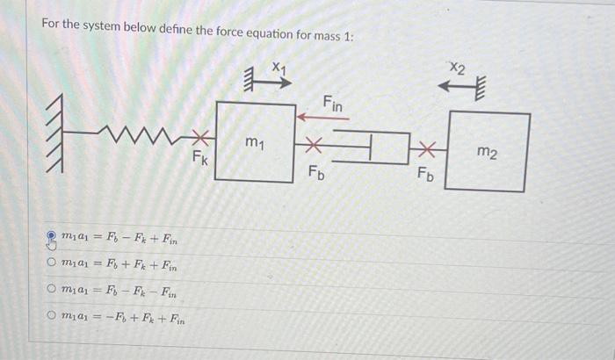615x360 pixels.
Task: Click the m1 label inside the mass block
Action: coord(255,143)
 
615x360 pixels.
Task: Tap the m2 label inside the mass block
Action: coord(487,152)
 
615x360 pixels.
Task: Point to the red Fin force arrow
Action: coord(322,118)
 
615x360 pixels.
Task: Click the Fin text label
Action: coord(332,104)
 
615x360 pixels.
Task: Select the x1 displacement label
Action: coord(279,68)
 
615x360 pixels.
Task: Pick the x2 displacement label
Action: coord(458,68)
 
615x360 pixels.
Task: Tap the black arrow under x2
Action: coord(458,85)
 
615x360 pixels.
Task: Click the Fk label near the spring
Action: coord(200,158)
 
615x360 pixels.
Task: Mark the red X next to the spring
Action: coord(200,137)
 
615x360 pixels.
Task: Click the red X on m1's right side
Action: coord(314,145)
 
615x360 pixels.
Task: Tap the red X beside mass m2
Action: coord(427,149)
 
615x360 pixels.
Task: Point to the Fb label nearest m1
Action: coord(316,173)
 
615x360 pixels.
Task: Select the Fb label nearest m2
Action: coord(425,174)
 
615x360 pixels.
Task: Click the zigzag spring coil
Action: coord(140,134)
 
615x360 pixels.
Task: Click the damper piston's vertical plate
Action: coord(370,147)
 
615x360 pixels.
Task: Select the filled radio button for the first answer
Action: coord(51,235)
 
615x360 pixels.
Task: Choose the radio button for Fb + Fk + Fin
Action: coord(51,262)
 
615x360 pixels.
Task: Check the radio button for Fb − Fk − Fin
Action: coord(51,289)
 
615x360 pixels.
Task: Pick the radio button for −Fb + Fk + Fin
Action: coord(51,315)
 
